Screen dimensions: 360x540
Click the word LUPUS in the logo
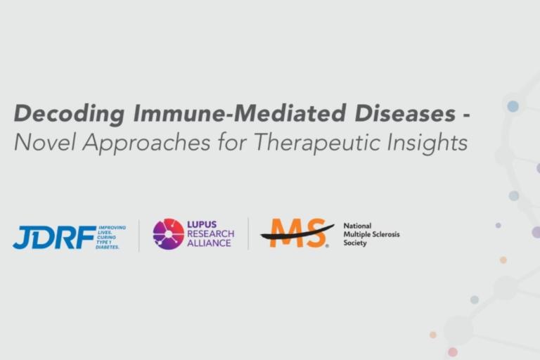(201, 225)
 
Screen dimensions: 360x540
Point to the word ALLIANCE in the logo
(209, 243)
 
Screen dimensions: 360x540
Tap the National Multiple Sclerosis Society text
(371, 235)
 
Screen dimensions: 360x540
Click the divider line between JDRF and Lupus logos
(139, 235)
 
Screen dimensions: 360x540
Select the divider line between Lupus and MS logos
(248, 234)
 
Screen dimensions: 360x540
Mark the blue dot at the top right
(513, 106)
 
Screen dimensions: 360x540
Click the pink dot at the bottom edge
(453, 352)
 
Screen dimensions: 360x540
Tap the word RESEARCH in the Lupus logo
(210, 234)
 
